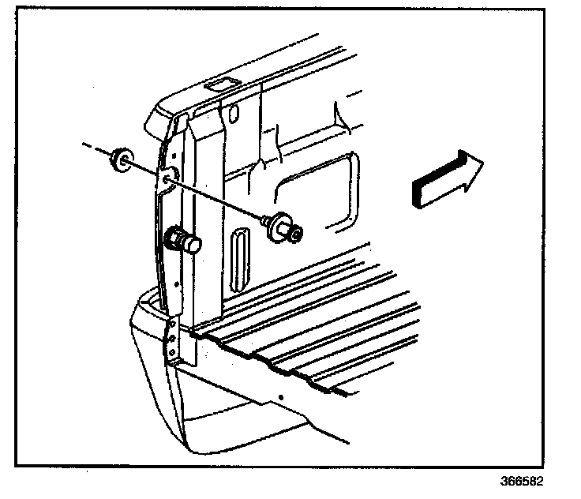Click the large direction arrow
click(446, 180)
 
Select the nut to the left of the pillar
click(122, 159)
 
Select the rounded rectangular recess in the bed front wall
click(316, 186)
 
